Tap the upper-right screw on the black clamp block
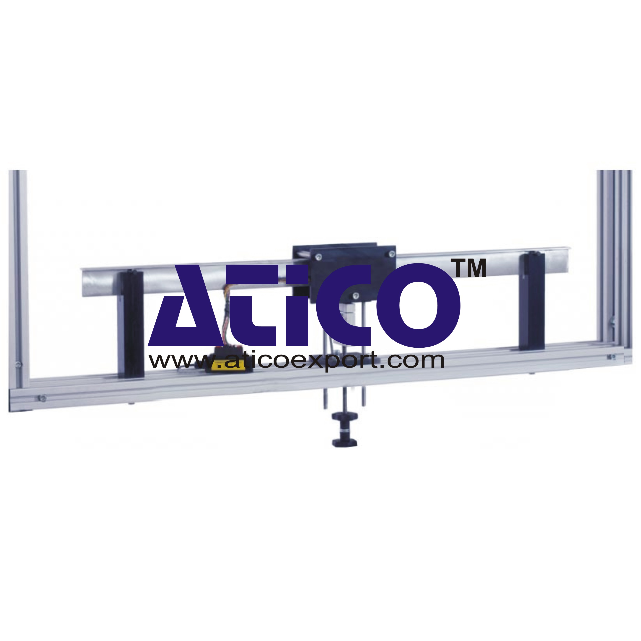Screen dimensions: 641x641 [391, 254]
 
